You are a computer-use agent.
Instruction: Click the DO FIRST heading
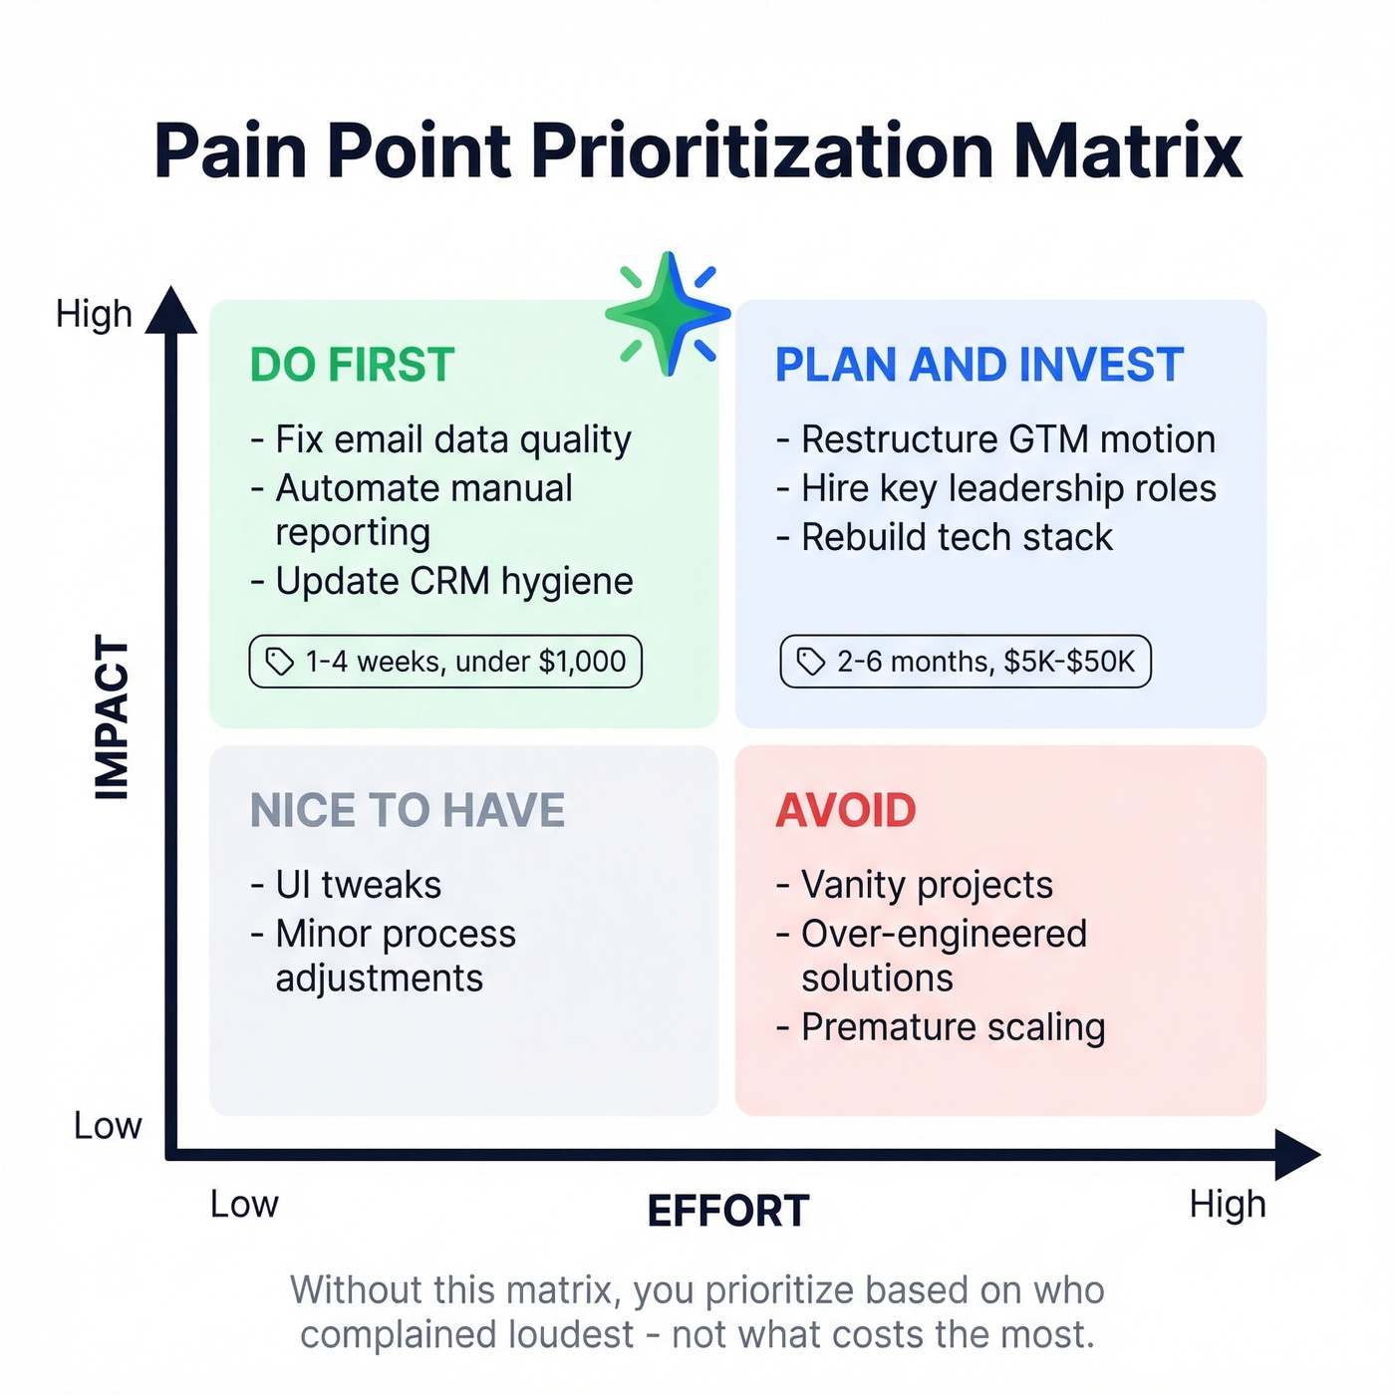(352, 365)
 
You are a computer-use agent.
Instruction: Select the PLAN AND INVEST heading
(978, 365)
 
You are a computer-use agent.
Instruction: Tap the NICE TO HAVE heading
(407, 810)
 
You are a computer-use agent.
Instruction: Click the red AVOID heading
(845, 810)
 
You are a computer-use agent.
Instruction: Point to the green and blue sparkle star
(668, 315)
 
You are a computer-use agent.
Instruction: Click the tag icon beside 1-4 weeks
(280, 662)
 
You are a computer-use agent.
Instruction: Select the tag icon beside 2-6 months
(811, 662)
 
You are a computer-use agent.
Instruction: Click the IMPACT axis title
(112, 717)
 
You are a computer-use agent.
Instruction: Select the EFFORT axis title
(727, 1212)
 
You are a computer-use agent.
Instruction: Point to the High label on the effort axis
(1227, 1205)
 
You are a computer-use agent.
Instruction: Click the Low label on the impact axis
(108, 1126)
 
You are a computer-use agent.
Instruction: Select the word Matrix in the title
(1127, 151)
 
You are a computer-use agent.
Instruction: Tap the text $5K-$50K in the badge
(1068, 662)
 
